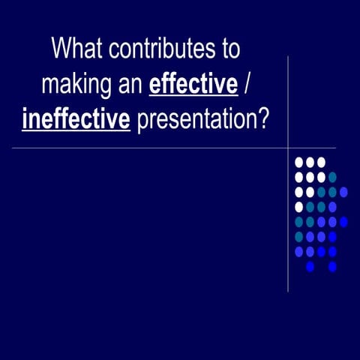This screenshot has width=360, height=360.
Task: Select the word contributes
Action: [159, 50]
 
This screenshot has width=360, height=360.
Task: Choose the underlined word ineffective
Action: [76, 118]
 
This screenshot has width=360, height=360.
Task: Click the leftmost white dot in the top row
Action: [299, 162]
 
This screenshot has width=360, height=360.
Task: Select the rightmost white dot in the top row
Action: [321, 162]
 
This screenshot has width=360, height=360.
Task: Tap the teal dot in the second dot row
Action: [332, 177]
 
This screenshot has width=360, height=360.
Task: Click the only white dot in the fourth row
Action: [299, 207]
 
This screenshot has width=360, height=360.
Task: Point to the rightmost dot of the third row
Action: [343, 192]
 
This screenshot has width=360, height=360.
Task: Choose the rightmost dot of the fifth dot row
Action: [343, 222]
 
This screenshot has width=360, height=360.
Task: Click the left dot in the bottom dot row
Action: [310, 266]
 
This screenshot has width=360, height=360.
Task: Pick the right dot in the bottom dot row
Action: [332, 266]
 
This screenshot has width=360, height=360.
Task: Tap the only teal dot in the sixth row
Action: [299, 237]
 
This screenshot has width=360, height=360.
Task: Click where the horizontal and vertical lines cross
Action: [288, 148]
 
